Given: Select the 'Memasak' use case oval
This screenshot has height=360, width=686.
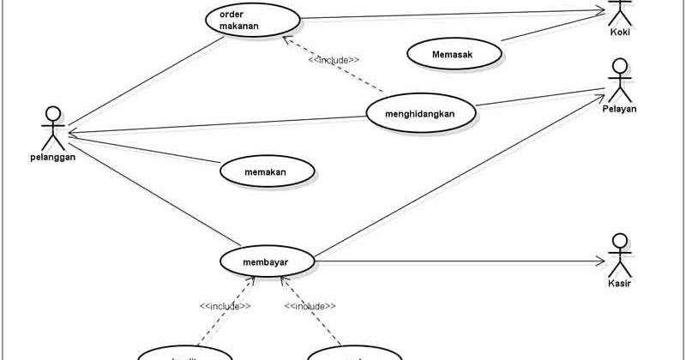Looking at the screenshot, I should click(x=454, y=54).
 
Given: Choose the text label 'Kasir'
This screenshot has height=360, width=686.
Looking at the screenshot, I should click(x=620, y=282).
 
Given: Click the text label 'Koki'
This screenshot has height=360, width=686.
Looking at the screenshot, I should click(x=620, y=33).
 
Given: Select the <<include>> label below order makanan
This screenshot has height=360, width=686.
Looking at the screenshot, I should click(x=334, y=60).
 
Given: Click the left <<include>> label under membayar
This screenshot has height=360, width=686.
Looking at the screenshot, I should click(x=225, y=306).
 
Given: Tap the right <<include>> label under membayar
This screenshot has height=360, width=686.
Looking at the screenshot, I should click(x=310, y=306).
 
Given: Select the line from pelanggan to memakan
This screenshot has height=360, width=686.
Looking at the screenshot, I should click(x=146, y=151).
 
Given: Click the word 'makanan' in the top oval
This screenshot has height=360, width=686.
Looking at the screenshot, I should click(x=239, y=27).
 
